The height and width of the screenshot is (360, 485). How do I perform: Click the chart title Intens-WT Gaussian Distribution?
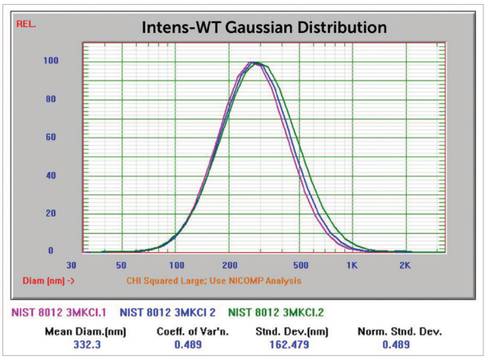coord(264,28)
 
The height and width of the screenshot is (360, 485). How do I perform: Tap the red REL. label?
coord(26,24)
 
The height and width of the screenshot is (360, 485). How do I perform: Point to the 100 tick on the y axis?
coord(51,60)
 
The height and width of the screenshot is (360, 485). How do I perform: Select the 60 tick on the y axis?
coord(51,137)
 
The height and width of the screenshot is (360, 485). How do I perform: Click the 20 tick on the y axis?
coord(51,213)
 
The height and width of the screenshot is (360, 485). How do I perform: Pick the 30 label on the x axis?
coord(71,265)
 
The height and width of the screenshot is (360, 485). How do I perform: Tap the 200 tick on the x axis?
coord(230,265)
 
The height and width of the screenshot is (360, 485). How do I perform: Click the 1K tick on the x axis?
coord(352,265)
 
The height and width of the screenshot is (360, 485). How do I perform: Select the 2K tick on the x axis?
coord(405,265)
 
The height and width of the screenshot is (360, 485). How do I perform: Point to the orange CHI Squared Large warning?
coord(214,281)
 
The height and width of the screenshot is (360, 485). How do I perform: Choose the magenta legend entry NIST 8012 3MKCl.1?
coord(58,312)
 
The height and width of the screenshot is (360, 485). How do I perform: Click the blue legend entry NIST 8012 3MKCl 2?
coord(168,312)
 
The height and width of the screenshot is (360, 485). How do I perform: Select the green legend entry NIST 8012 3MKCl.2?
coord(276,312)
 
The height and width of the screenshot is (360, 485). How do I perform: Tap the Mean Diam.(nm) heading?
coord(86,332)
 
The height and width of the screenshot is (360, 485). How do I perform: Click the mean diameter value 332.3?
coord(87,345)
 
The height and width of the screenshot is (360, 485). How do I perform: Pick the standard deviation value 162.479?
coord(289,345)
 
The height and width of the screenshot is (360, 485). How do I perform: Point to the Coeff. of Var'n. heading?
coord(193,331)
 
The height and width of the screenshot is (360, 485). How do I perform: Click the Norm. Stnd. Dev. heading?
coord(399,331)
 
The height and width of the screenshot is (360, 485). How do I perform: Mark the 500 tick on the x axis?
coord(301,265)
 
